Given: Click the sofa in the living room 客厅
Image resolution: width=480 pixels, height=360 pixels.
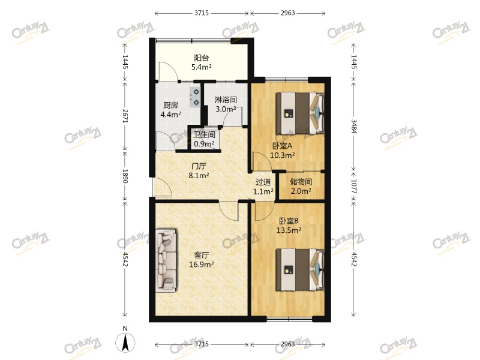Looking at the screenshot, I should [x=167, y=260].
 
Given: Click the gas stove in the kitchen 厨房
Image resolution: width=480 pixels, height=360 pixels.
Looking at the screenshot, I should [x=196, y=97].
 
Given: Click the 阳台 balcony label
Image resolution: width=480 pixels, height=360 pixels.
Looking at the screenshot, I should [x=201, y=58].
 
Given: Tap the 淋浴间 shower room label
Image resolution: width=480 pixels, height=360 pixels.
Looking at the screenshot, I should [x=226, y=100].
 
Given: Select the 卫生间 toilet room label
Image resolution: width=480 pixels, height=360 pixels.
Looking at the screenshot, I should [x=204, y=135].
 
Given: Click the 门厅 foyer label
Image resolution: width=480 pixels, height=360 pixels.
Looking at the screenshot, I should [x=199, y=166].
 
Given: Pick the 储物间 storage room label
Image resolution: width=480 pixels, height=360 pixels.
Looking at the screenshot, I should [x=301, y=182].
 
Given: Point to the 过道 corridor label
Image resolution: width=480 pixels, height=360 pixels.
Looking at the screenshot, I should [x=263, y=182].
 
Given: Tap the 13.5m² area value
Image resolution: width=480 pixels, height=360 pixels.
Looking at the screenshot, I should [x=288, y=229].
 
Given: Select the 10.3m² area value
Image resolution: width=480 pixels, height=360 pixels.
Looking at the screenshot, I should [x=282, y=155].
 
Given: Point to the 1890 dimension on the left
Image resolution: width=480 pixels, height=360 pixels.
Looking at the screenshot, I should [x=125, y=177].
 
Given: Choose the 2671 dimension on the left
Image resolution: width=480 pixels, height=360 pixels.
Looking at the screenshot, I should [x=125, y=116].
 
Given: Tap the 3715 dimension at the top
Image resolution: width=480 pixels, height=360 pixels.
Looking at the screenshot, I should [x=201, y=13].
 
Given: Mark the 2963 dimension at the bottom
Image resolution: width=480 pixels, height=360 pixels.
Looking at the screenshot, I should [x=287, y=344].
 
